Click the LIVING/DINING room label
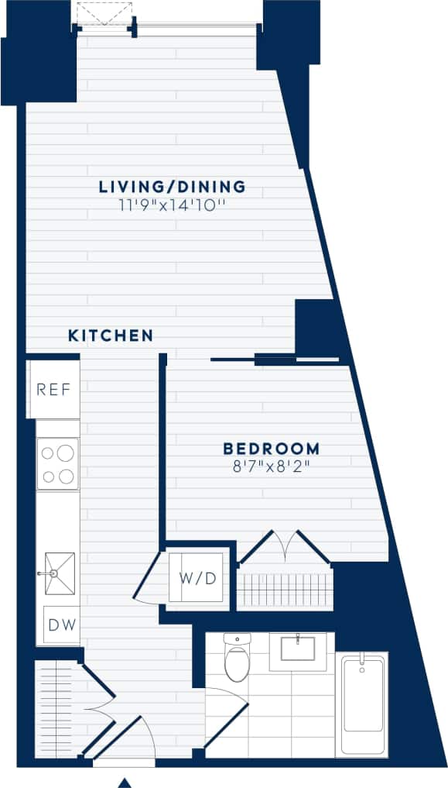[172, 187]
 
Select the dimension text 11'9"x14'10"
[172, 205]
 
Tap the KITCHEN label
[110, 336]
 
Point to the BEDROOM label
[271, 449]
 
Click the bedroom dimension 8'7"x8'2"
[271, 466]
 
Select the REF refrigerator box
[58, 389]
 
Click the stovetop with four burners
[58, 463]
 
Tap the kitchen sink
[59, 573]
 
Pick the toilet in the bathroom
[236, 658]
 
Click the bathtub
[361, 704]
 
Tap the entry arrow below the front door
[124, 783]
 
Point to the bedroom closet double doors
[285, 547]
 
